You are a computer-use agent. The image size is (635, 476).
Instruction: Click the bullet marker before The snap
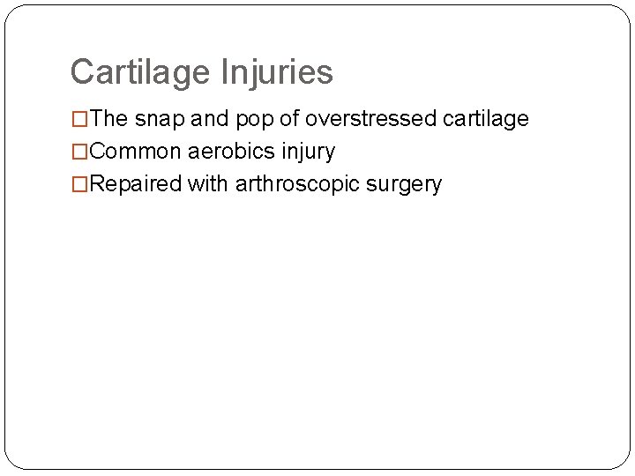click(x=79, y=119)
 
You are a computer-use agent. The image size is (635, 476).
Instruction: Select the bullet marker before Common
click(x=79, y=152)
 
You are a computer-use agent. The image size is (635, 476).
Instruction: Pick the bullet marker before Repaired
click(x=79, y=184)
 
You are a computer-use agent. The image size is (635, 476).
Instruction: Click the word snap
click(x=154, y=119)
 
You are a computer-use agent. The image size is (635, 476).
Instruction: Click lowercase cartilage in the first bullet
click(x=487, y=119)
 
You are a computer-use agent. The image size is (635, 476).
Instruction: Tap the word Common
click(x=136, y=152)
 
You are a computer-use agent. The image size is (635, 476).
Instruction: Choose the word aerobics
click(x=232, y=152)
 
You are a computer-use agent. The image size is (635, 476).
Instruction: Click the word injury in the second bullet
click(x=309, y=152)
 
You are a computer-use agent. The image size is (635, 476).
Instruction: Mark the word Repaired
click(x=136, y=184)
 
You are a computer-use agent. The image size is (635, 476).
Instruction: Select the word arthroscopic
click(x=301, y=185)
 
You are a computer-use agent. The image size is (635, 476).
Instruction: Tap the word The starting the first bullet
click(x=109, y=119)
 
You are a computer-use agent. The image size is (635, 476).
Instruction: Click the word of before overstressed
click(x=289, y=119)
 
